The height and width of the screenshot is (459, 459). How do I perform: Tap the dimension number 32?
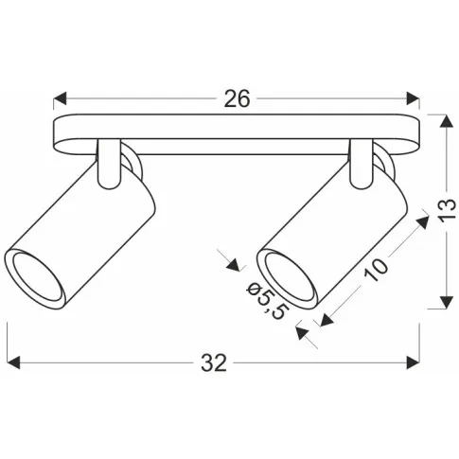(x=215, y=363)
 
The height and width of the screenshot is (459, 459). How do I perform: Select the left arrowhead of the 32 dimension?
(x=13, y=362)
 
